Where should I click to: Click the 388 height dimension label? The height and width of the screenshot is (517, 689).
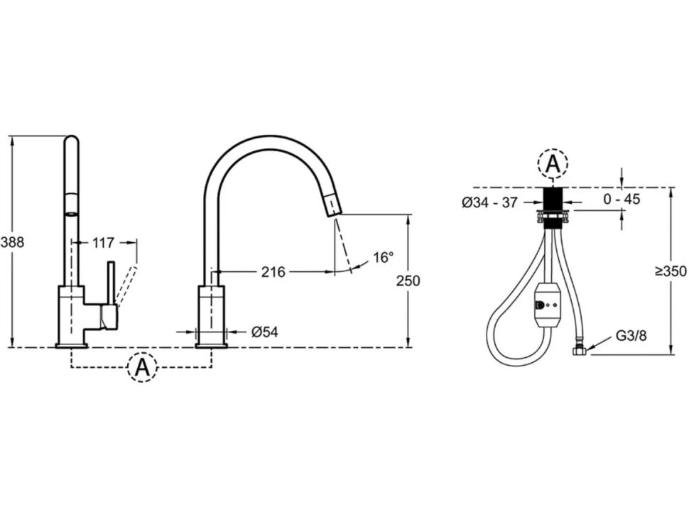click(x=12, y=241)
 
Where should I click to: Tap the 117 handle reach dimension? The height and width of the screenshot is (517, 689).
click(x=103, y=242)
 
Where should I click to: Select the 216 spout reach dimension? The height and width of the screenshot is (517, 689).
click(x=273, y=272)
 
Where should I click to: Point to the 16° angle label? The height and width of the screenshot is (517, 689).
click(x=383, y=257)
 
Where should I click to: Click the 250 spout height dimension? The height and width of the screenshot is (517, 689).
click(x=408, y=281)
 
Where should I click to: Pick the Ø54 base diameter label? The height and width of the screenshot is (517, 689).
click(x=264, y=332)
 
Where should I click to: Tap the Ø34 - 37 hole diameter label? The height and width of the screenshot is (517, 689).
click(x=490, y=202)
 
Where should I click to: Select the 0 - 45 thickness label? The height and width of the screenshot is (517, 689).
click(x=622, y=199)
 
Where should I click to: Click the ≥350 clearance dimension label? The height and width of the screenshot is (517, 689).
click(x=671, y=271)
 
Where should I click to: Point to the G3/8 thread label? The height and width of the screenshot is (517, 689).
click(x=631, y=336)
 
